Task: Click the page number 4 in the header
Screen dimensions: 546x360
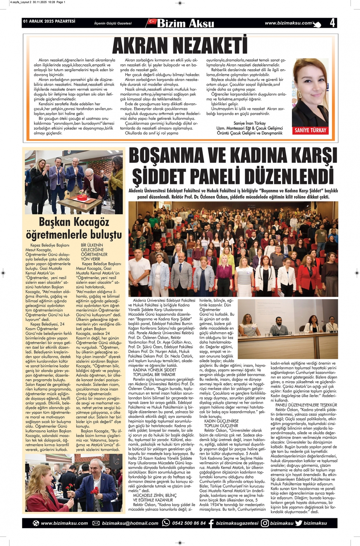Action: tap(332, 23)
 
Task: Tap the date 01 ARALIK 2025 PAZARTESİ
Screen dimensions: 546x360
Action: tap(49, 21)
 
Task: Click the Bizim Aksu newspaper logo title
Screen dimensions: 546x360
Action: tap(186, 23)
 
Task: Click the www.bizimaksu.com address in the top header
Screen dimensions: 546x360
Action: tap(288, 23)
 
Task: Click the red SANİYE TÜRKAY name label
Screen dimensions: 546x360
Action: tap(310, 130)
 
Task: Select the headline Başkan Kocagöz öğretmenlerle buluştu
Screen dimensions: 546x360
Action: tap(74, 228)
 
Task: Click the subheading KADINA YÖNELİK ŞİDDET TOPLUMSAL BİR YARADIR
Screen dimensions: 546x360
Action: tap(154, 372)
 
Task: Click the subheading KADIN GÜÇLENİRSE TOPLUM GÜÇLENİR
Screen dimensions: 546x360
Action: tap(221, 423)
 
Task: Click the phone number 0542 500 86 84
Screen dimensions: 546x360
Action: tap(189, 523)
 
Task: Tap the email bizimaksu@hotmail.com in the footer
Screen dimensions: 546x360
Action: tap(130, 523)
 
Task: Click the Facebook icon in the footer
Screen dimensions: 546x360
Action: tap(211, 523)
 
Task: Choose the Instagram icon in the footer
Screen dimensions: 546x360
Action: tap(265, 523)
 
